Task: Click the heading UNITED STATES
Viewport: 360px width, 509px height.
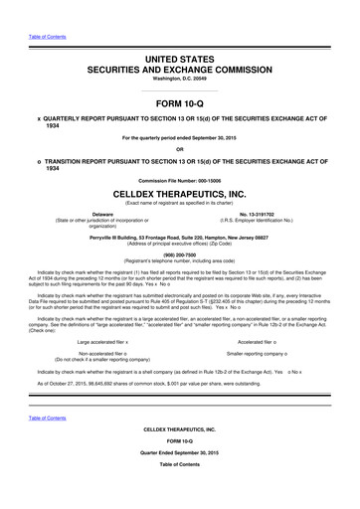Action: click(x=179, y=61)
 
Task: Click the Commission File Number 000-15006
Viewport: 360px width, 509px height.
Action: click(x=179, y=206)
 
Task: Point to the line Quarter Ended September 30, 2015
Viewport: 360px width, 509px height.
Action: click(x=179, y=478)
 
